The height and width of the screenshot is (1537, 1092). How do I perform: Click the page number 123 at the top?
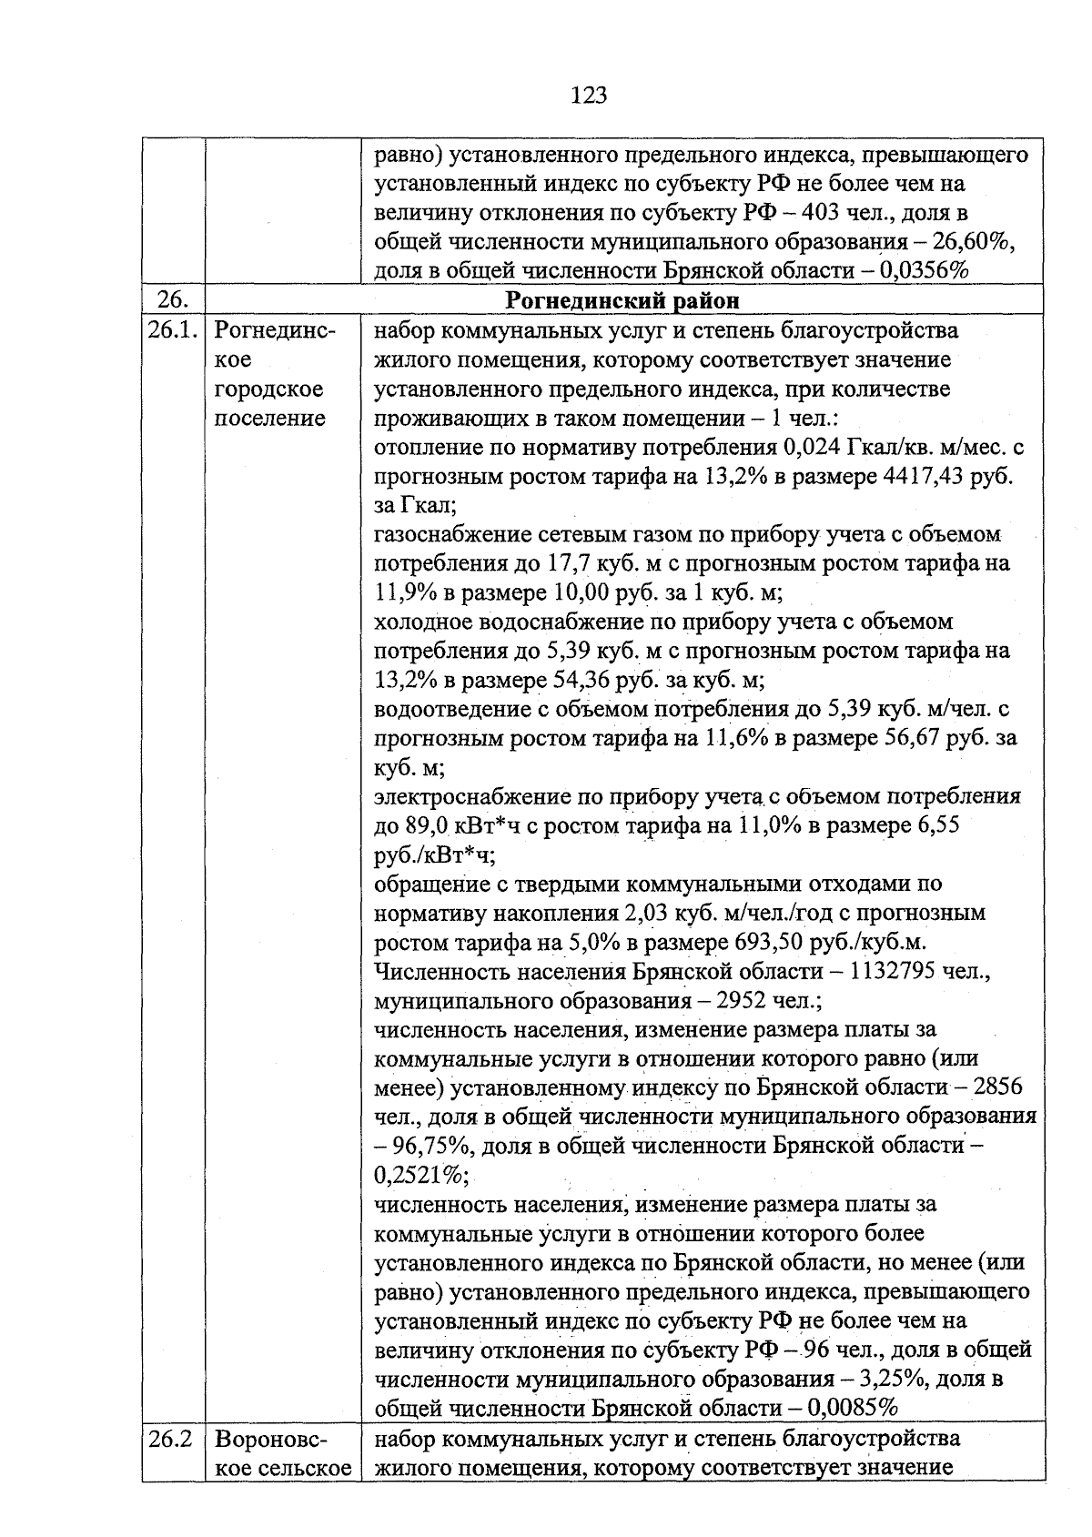click(x=590, y=95)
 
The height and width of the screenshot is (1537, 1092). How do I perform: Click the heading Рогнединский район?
click(x=622, y=300)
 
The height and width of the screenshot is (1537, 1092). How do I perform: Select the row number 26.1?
click(x=172, y=330)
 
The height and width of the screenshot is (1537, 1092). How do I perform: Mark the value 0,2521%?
click(x=418, y=1175)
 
